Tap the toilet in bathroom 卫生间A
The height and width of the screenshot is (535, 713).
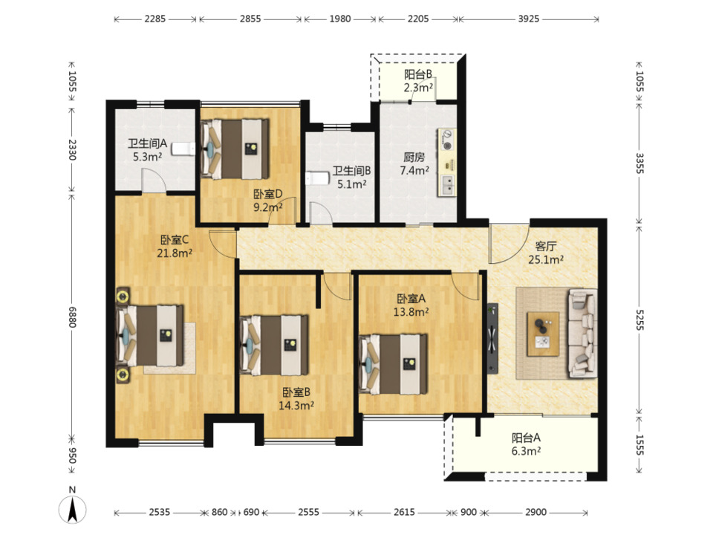tap(183, 149)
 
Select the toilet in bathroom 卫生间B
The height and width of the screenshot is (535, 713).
tap(317, 178)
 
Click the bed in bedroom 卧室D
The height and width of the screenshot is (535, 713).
tap(235, 149)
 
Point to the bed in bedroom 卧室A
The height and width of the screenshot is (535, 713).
tap(394, 364)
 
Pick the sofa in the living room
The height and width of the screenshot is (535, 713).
tap(582, 334)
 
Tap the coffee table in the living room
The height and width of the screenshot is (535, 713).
tap(543, 334)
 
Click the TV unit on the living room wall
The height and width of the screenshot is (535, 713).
tap(492, 339)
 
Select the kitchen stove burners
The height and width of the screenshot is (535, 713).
tap(448, 140)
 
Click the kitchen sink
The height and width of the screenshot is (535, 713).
tap(448, 185)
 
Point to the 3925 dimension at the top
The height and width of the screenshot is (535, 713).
tap(528, 19)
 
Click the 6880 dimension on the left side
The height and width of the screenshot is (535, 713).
tap(72, 317)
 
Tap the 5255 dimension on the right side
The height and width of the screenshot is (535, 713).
tap(639, 320)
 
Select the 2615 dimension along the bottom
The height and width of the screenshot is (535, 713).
tap(404, 512)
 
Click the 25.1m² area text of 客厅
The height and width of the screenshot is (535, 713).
tap(546, 260)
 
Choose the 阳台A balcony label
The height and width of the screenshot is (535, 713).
tap(526, 438)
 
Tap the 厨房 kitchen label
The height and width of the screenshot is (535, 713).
tap(414, 158)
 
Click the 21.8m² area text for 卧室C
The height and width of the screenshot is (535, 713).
tap(174, 253)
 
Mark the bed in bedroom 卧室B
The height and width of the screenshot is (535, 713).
tap(274, 345)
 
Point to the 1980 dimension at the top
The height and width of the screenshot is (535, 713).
tap(340, 19)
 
